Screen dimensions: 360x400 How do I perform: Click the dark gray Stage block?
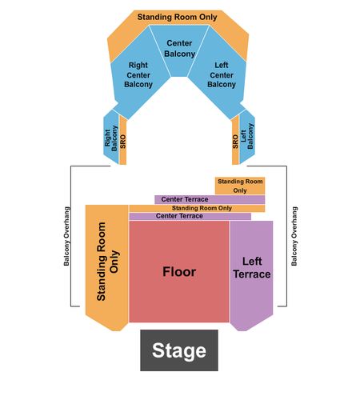pyautogui.click(x=179, y=350)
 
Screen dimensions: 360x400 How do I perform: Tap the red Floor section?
pyautogui.click(x=179, y=271)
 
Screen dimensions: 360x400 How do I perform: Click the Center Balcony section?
pyautogui.click(x=179, y=50)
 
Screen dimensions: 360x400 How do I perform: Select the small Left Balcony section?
pyautogui.click(x=247, y=137)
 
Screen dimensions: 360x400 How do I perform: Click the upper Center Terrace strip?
pyautogui.click(x=210, y=199)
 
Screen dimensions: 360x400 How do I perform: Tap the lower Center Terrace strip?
pyautogui.click(x=190, y=216)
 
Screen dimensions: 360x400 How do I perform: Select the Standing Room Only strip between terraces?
pyautogui.click(x=197, y=208)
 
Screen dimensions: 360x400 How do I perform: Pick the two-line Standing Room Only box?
pyautogui.click(x=240, y=186)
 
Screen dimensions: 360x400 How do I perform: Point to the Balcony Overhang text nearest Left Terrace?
pyautogui.click(x=294, y=236)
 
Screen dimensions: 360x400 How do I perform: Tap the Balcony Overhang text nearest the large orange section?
pyautogui.click(x=66, y=236)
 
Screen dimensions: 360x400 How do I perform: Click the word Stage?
pyautogui.click(x=179, y=351)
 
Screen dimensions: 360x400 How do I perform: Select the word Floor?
pyautogui.click(x=179, y=272)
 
